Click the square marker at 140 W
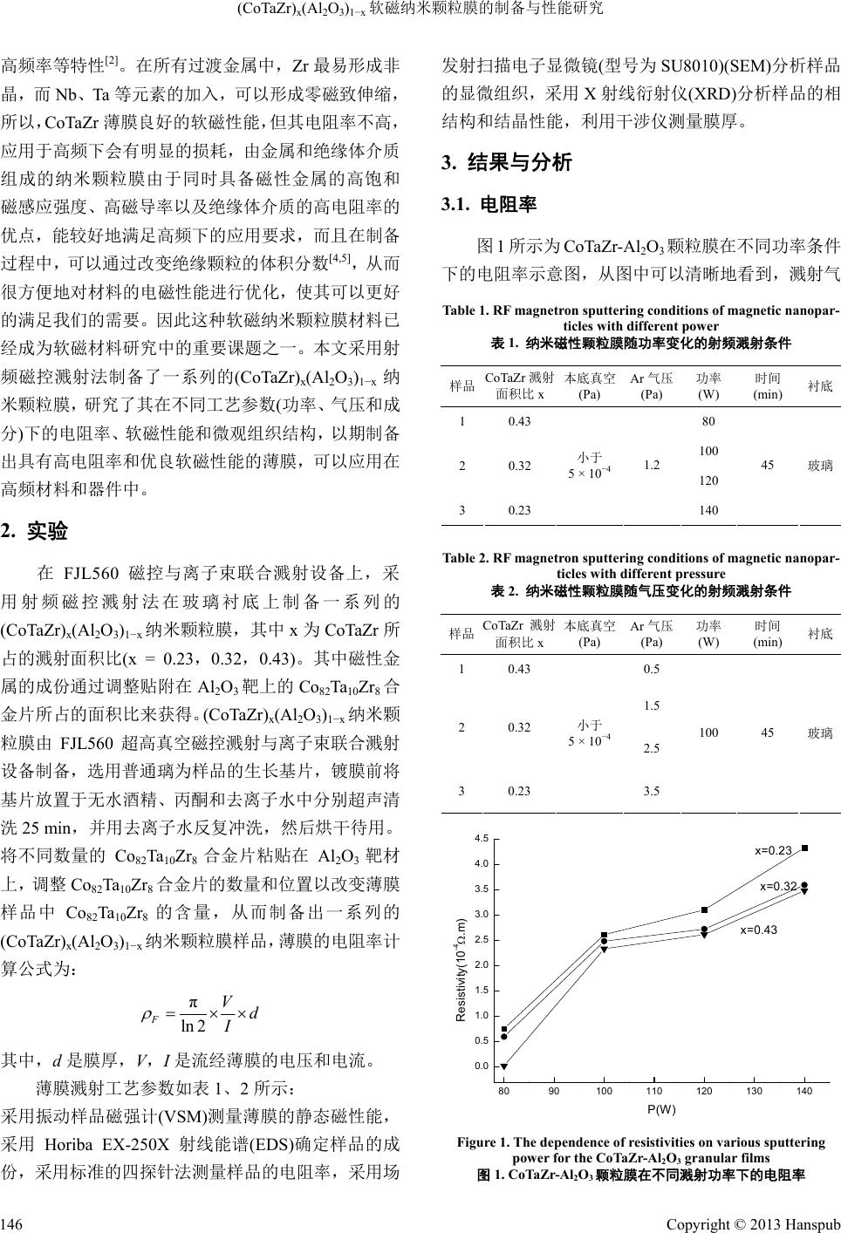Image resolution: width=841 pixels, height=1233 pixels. coord(804,848)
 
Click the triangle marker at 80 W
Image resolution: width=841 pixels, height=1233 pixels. coord(504,1066)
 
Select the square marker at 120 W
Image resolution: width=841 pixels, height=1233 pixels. coord(704,910)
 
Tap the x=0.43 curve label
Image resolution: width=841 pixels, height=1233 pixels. coord(758,930)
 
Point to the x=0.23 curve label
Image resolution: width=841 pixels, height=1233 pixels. coord(773,850)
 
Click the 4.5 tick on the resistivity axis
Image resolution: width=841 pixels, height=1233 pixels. coord(482,838)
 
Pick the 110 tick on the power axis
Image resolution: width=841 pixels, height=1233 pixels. coord(654,1091)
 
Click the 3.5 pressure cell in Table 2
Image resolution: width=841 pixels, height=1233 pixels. coord(651,791)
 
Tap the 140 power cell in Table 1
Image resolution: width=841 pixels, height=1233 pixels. coord(709,510)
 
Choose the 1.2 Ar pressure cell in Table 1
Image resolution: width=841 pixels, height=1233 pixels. coord(651,465)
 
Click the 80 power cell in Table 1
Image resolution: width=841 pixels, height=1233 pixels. coord(709,421)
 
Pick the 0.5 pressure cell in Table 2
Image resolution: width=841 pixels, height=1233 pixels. coord(651,669)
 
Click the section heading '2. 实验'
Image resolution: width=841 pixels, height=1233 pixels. coord(35,530)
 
